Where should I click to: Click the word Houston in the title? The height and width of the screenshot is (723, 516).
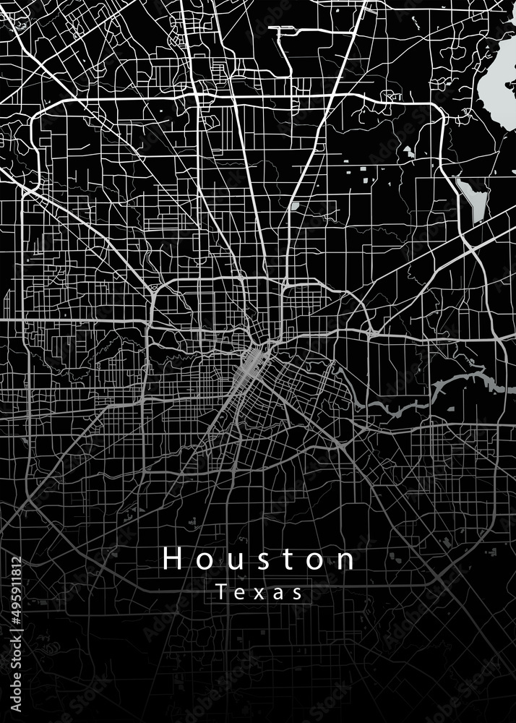(259, 559)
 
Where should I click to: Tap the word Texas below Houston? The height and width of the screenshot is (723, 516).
(259, 593)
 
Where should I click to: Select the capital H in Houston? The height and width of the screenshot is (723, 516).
(172, 559)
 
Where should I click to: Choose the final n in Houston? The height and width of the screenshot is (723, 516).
(346, 560)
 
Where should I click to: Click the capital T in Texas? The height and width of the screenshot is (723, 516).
(221, 593)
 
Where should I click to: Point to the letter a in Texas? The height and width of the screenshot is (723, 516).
(277, 594)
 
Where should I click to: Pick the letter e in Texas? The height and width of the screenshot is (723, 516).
(239, 594)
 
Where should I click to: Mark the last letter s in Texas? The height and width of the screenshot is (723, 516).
(296, 594)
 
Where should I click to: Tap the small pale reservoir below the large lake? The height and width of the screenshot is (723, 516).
(474, 199)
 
